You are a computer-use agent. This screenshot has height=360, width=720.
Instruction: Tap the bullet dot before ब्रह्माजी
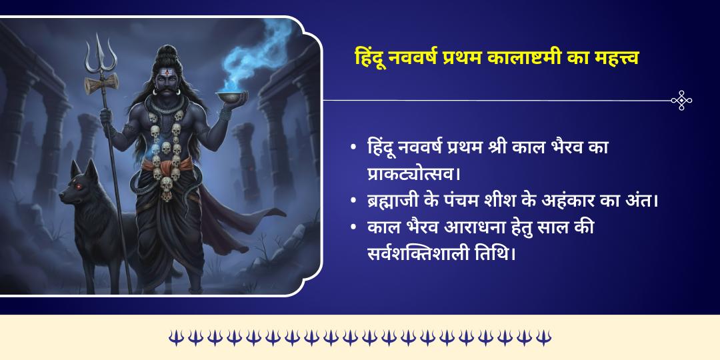coord(353,201)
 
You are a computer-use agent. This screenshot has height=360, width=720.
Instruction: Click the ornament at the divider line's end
coord(681,101)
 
